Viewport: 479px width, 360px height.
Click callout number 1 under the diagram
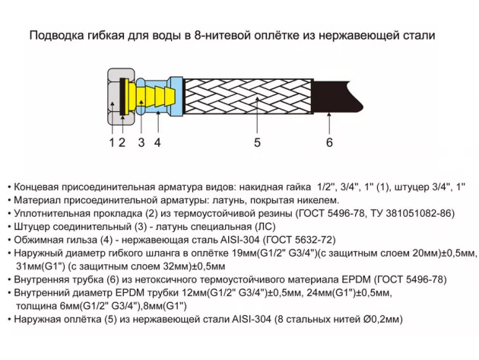tap(112, 142)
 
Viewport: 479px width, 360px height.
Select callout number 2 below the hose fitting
tap(122, 142)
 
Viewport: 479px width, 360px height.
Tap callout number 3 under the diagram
tap(141, 142)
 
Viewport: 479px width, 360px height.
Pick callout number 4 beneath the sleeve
tap(157, 142)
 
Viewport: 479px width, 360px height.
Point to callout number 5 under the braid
tap(257, 142)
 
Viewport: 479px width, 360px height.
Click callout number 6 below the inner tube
tap(329, 142)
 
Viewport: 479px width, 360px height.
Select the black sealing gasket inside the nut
tap(123, 97)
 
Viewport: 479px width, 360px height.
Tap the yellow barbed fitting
tap(151, 97)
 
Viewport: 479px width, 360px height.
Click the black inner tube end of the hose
tap(336, 97)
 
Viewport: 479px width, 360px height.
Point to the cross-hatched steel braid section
tap(247, 97)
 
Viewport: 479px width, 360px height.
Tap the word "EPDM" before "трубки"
tap(130, 293)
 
